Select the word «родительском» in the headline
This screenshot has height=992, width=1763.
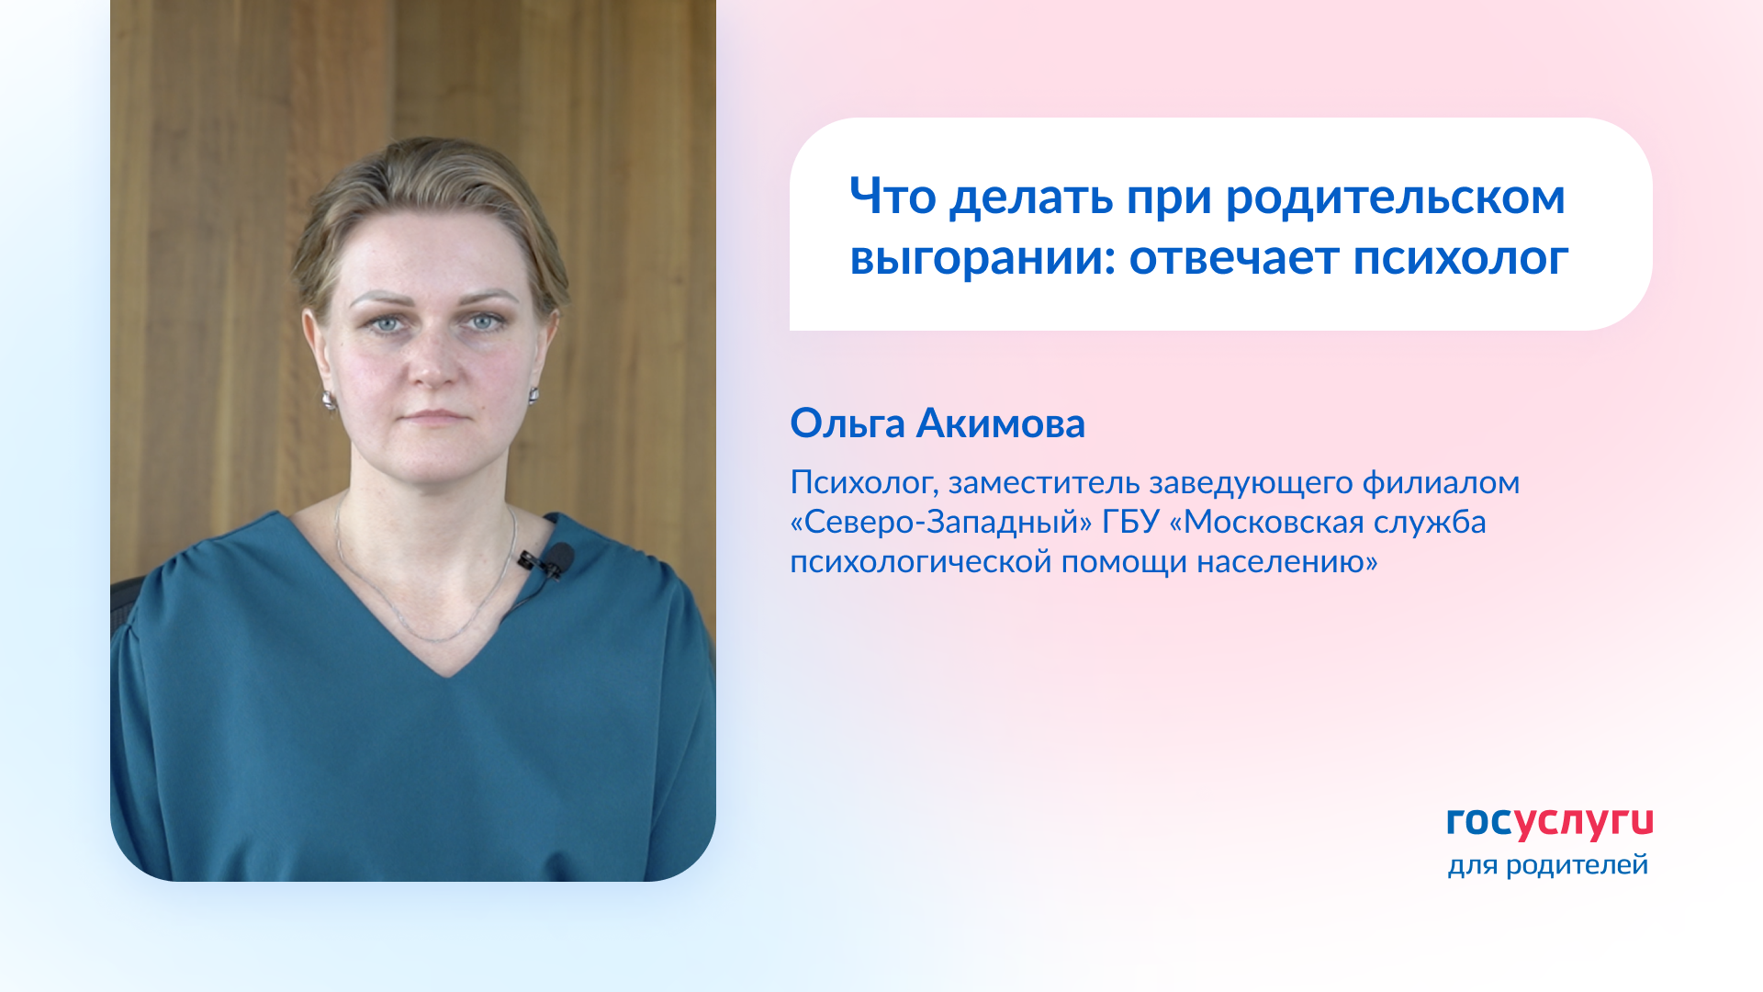pyautogui.click(x=1395, y=198)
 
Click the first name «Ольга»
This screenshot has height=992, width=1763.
pyautogui.click(x=847, y=423)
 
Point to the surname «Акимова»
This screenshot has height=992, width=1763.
pyautogui.click(x=1000, y=423)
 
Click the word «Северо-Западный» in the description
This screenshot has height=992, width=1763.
pyautogui.click(x=941, y=522)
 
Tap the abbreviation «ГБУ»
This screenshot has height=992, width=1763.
pyautogui.click(x=1130, y=522)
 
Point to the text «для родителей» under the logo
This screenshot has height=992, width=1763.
pyautogui.click(x=1547, y=865)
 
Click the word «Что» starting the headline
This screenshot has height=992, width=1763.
pyautogui.click(x=893, y=198)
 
